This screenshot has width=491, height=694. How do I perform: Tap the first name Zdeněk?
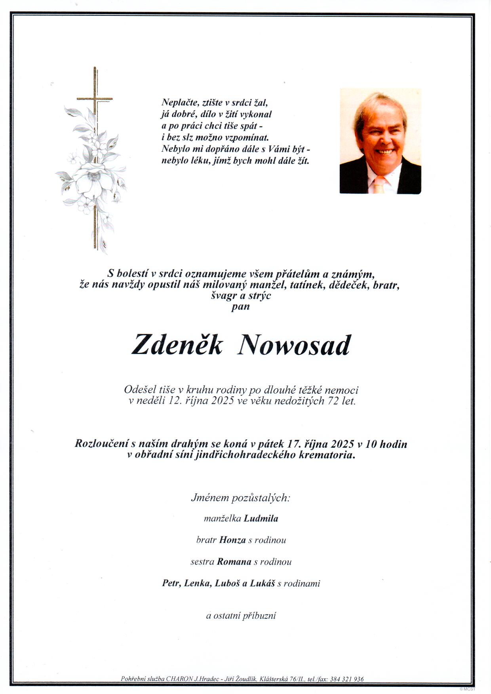177,345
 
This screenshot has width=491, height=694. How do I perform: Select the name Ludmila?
261,519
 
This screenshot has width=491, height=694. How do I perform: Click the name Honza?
232,540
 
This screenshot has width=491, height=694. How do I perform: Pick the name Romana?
234,562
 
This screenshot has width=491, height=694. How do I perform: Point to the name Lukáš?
262,584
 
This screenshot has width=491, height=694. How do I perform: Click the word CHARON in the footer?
180,679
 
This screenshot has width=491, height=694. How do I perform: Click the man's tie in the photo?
379,185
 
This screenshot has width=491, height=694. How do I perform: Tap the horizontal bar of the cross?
95,99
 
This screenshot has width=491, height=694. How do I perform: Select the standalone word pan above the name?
241,307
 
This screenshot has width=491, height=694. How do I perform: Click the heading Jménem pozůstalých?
241,498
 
